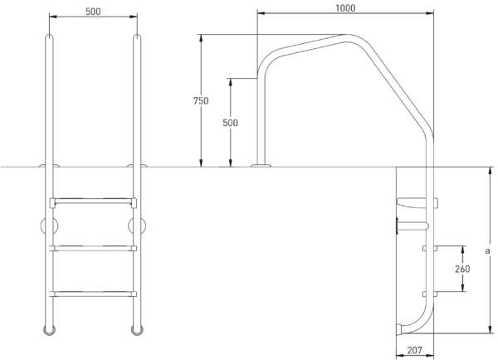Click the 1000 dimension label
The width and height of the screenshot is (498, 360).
tap(345, 8)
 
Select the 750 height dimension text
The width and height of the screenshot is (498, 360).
tap(201, 101)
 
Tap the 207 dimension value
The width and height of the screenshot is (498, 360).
tap(415, 350)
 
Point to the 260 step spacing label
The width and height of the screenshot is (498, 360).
tap(462, 270)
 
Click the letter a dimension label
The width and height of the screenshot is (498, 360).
tap(487, 251)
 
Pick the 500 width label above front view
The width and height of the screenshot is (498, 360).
tap(93, 12)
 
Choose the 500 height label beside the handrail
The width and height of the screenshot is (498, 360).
tap(230, 123)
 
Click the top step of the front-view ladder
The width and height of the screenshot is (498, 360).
tap(93, 202)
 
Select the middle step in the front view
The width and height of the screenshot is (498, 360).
tap(93, 248)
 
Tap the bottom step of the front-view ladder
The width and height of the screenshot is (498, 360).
tap(93, 294)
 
